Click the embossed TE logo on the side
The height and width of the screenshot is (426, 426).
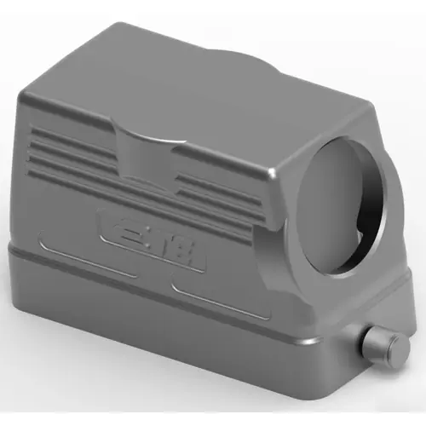point(154,241)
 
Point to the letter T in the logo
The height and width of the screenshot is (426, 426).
point(162,243)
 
